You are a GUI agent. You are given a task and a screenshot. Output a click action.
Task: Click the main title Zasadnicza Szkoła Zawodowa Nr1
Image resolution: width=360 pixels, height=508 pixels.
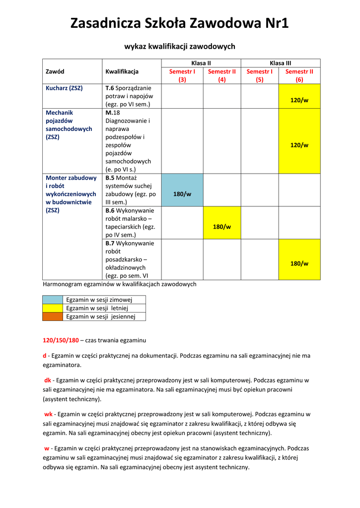179,23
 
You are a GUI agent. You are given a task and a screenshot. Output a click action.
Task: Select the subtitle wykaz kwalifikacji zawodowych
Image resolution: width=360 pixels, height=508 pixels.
179,46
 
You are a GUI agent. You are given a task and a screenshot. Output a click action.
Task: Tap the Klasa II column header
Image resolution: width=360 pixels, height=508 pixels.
201,63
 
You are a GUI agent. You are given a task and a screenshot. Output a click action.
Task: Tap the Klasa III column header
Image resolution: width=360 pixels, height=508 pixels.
280,63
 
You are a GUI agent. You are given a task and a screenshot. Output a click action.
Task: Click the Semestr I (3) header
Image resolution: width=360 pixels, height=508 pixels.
182,75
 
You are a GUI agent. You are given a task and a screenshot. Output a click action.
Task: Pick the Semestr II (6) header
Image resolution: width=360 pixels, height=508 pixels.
299,75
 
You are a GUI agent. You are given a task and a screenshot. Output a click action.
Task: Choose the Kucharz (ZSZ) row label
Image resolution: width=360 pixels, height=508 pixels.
64,88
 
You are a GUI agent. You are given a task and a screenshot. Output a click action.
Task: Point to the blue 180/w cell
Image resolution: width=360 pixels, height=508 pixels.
182,194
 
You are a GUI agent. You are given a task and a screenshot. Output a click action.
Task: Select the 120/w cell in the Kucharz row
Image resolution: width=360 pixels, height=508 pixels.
299,100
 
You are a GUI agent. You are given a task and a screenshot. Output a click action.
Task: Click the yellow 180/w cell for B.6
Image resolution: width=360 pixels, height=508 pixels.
221,227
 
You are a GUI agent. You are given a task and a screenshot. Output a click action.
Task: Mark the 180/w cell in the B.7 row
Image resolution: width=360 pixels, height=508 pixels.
299,263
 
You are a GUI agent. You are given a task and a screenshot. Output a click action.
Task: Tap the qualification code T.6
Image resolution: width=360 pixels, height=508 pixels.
110,88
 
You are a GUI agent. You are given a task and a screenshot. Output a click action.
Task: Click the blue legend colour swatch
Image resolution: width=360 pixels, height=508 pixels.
53,300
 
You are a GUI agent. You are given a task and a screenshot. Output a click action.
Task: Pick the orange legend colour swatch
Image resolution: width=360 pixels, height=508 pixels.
53,317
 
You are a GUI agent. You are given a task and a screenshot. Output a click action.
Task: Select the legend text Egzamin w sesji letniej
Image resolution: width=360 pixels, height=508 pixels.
97,308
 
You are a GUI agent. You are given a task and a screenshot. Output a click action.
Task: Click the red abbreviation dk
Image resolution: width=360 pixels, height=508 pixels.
48,381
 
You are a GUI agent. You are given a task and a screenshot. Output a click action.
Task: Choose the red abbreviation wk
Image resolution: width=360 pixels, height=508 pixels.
48,414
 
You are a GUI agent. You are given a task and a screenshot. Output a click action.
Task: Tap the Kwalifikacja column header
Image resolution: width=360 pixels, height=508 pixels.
122,71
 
